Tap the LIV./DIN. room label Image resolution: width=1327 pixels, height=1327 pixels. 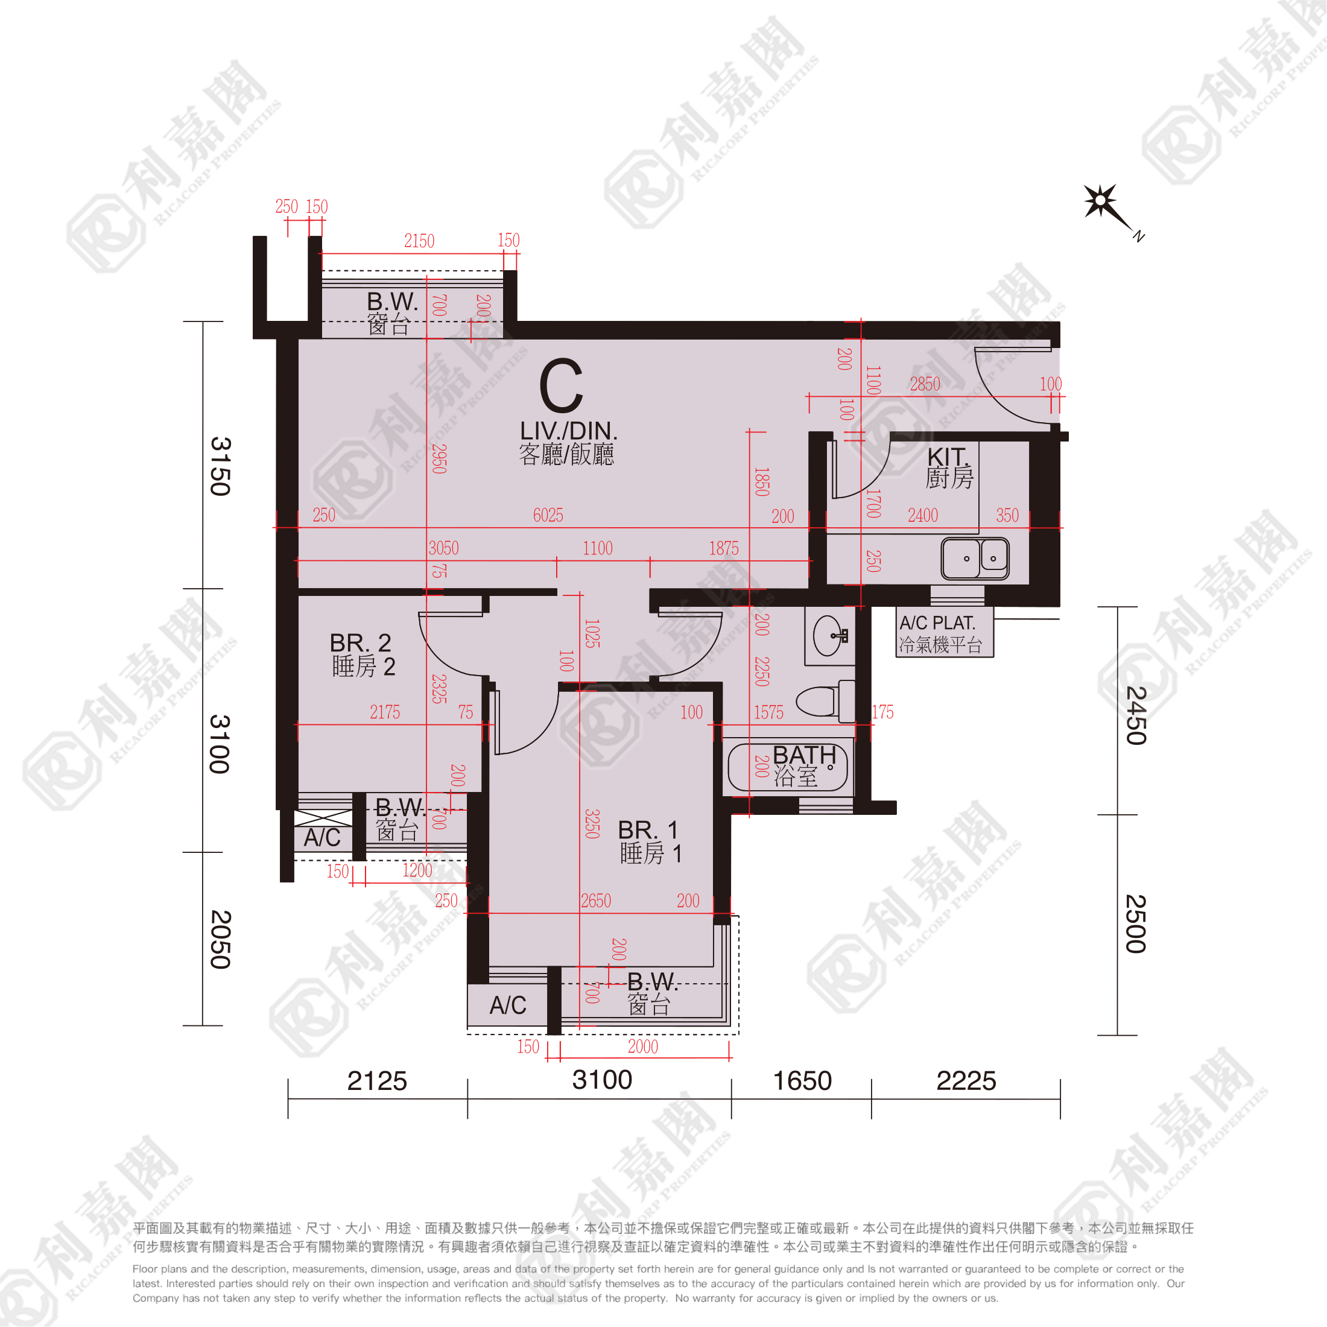pos(568,431)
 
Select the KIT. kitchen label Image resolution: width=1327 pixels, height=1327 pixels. pos(947,456)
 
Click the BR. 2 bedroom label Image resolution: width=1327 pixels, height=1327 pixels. pos(360,643)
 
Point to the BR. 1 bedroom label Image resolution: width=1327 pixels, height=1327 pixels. pos(648,830)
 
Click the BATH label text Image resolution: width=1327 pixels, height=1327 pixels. pos(804,755)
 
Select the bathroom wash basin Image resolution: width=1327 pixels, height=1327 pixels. pos(831,636)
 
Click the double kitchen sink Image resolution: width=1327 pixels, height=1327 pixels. pos(975,559)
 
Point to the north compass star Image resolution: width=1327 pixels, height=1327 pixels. pos(1101,201)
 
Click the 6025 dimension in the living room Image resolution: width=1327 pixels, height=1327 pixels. pos(548,515)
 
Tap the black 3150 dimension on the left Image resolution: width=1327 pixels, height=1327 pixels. pos(220,466)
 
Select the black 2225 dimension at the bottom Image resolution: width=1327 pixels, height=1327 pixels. pos(966,1081)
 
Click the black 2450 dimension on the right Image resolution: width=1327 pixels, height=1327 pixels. pos(1136,716)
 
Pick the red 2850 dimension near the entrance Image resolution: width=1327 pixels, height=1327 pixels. pos(925,384)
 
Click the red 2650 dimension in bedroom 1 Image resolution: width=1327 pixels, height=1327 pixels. pos(595,901)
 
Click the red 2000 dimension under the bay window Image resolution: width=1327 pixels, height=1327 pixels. pos(643,1046)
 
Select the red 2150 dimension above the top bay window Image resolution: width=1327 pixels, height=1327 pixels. pos(419,241)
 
